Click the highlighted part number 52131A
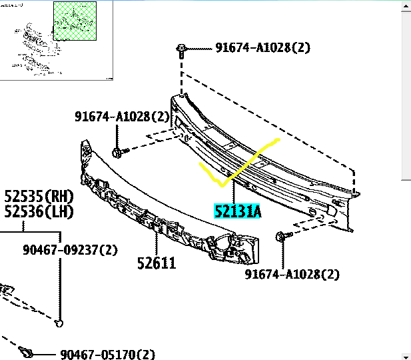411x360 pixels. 237,211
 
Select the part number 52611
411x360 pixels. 157,263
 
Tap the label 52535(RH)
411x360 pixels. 39,196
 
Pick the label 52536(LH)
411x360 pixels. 39,211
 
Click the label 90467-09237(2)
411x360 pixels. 70,249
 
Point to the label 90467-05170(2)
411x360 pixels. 107,354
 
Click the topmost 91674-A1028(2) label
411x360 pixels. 262,47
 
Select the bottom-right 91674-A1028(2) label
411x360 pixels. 292,274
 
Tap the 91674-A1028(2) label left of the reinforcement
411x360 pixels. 122,116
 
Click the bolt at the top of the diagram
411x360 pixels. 181,51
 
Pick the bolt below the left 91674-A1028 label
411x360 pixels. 120,153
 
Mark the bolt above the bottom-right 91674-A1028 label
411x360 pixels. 284,235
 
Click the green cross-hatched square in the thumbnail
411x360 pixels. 75,21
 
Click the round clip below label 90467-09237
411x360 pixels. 59,323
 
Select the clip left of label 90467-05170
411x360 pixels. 26,351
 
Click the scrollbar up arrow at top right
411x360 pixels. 406,6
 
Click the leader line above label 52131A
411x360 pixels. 234,191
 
